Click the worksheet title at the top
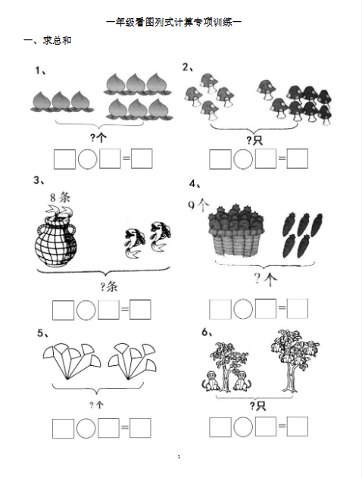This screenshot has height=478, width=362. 174,22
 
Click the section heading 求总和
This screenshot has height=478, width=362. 57,40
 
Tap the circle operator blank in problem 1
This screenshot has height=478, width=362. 87,159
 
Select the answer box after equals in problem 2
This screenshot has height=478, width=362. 297,158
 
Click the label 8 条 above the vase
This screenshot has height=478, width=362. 61,198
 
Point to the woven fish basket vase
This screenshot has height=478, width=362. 56,236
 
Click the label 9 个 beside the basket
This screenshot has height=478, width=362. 198,205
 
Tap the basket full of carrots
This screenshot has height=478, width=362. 236,230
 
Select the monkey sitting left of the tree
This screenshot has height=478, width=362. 210,381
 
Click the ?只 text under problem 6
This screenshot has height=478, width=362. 257,406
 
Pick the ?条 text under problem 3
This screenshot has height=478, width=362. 109,286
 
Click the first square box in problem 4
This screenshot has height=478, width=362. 220,309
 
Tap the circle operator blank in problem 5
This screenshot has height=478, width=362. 86,428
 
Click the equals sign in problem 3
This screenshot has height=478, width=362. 125,309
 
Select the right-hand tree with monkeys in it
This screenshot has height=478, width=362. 295,360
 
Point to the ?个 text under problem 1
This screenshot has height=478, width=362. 98,138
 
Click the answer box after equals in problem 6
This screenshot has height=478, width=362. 297,426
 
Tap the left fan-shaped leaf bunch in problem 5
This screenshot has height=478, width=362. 72,361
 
